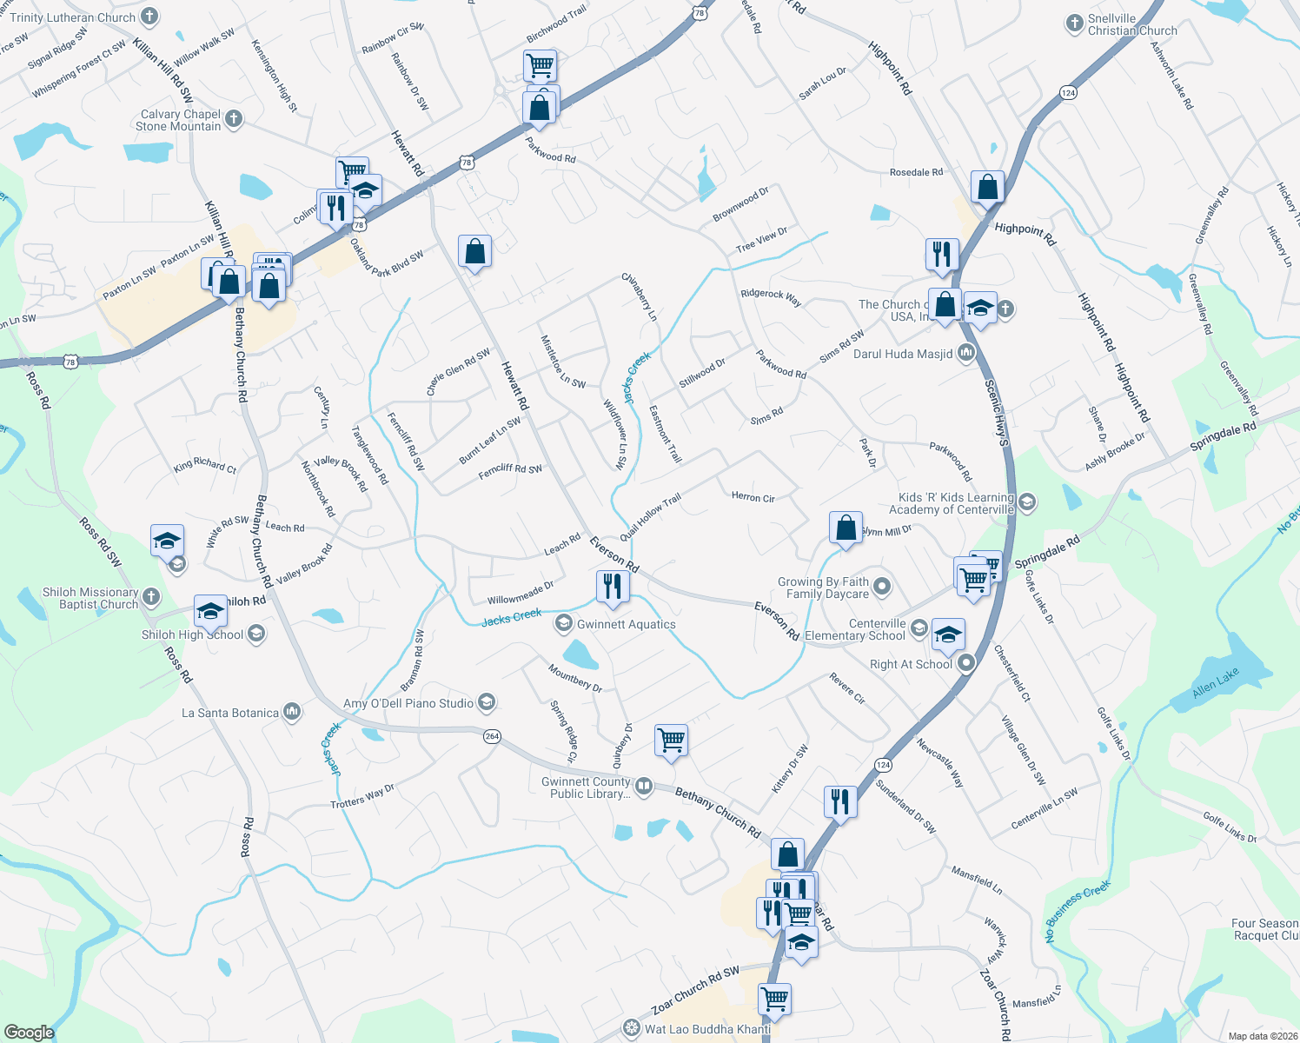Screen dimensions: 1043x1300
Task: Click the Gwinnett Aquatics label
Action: pos(626,624)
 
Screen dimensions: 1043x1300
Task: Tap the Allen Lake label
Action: pos(1216,684)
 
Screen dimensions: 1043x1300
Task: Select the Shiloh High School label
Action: pos(192,634)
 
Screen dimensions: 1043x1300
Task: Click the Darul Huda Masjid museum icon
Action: pos(966,354)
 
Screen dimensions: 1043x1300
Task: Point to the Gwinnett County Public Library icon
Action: pos(644,787)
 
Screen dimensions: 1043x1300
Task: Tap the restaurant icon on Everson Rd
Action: pos(614,587)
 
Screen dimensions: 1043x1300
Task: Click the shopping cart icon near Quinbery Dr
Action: pos(672,741)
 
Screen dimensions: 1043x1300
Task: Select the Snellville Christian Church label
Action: pos(1132,24)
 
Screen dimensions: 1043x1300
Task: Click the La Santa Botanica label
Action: pos(230,713)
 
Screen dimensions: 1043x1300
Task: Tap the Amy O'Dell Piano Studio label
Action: pos(408,703)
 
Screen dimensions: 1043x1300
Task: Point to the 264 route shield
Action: pos(492,736)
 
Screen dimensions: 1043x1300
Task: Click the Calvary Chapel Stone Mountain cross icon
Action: pos(234,120)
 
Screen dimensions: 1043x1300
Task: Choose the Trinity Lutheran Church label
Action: pos(73,17)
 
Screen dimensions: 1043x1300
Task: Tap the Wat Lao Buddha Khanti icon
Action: pos(632,1029)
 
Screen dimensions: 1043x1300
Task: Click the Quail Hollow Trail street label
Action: pos(651,517)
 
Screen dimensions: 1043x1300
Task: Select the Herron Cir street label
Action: pos(753,497)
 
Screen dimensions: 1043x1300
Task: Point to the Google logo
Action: pos(29,1032)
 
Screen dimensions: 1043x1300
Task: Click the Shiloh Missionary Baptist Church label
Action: pos(90,598)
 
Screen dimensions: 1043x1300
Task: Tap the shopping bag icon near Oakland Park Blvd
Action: pos(474,252)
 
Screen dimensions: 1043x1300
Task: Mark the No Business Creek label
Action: pos(1078,911)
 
